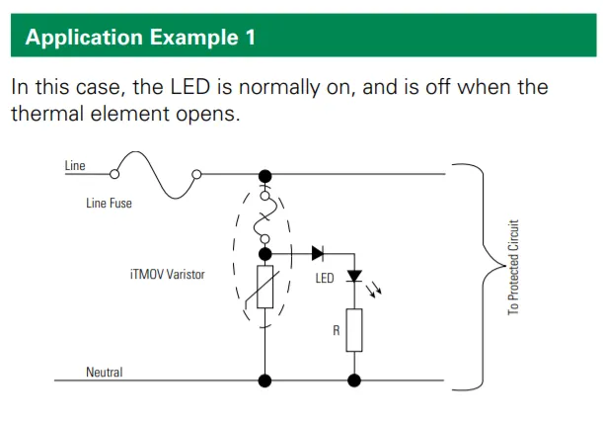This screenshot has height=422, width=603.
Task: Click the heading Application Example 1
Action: [139, 39]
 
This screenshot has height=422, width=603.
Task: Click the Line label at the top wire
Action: [75, 165]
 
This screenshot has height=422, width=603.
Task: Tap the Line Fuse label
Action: [109, 204]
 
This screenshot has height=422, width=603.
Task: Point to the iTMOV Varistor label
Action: [167, 274]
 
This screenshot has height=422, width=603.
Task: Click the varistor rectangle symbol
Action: [264, 286]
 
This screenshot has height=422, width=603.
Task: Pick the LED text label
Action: [326, 279]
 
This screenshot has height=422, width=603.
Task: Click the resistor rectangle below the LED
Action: [354, 330]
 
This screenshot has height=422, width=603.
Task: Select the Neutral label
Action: [104, 373]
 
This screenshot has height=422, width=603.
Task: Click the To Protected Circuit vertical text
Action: [513, 267]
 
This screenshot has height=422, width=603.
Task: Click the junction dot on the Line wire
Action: [264, 174]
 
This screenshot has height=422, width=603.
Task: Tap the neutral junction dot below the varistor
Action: [264, 380]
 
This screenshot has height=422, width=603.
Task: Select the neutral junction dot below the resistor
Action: [354, 380]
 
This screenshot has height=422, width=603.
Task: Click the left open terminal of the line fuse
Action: [114, 175]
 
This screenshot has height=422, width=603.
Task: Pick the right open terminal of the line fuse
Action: [196, 175]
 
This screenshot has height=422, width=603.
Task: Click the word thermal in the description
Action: [55, 113]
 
